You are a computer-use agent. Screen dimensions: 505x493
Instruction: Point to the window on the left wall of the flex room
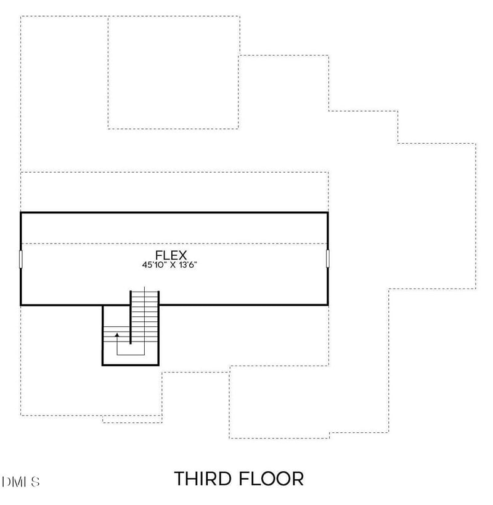tap(21, 259)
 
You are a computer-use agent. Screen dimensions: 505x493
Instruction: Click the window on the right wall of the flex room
tap(328, 259)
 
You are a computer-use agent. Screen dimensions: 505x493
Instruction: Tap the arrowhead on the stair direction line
tap(117, 335)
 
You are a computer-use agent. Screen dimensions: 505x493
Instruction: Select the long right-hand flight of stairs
tap(145, 314)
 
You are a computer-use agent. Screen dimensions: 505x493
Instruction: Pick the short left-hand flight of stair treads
tap(116, 336)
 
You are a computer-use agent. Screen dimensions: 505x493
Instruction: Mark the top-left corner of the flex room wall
tap(21, 213)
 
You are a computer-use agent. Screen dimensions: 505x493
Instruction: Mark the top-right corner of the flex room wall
tap(328, 213)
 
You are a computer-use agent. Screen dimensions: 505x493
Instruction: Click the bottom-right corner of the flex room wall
tap(328, 304)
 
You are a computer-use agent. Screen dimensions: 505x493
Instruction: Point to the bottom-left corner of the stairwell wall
tap(103, 364)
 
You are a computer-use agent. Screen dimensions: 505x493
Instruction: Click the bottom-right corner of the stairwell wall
tap(159, 364)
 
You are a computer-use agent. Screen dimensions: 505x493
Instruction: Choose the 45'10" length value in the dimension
tap(153, 265)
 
